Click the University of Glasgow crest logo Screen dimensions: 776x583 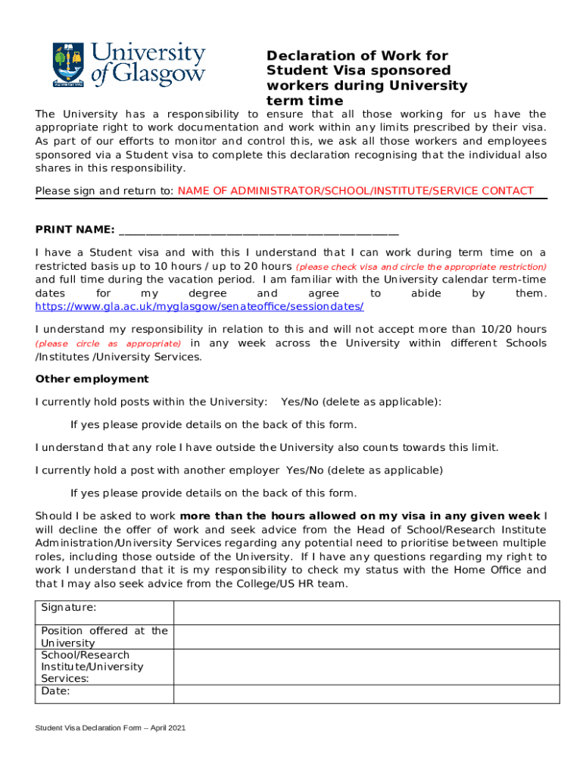click(67, 64)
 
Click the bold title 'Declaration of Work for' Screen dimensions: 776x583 click(357, 56)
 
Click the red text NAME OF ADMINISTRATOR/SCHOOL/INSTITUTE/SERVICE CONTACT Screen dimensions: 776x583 click(355, 191)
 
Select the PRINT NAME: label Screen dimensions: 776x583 click(75, 230)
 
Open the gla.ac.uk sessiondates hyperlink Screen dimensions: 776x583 click(200, 306)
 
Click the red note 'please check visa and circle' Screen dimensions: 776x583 click(420, 268)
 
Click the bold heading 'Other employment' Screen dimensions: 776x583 click(92, 379)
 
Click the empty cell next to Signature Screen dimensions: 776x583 click(366, 612)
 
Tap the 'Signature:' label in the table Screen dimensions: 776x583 click(69, 608)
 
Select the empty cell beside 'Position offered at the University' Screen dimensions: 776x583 click(366, 637)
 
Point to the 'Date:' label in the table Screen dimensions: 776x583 click(55, 691)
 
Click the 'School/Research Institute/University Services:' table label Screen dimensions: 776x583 click(92, 667)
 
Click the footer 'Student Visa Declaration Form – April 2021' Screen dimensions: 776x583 click(111, 728)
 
